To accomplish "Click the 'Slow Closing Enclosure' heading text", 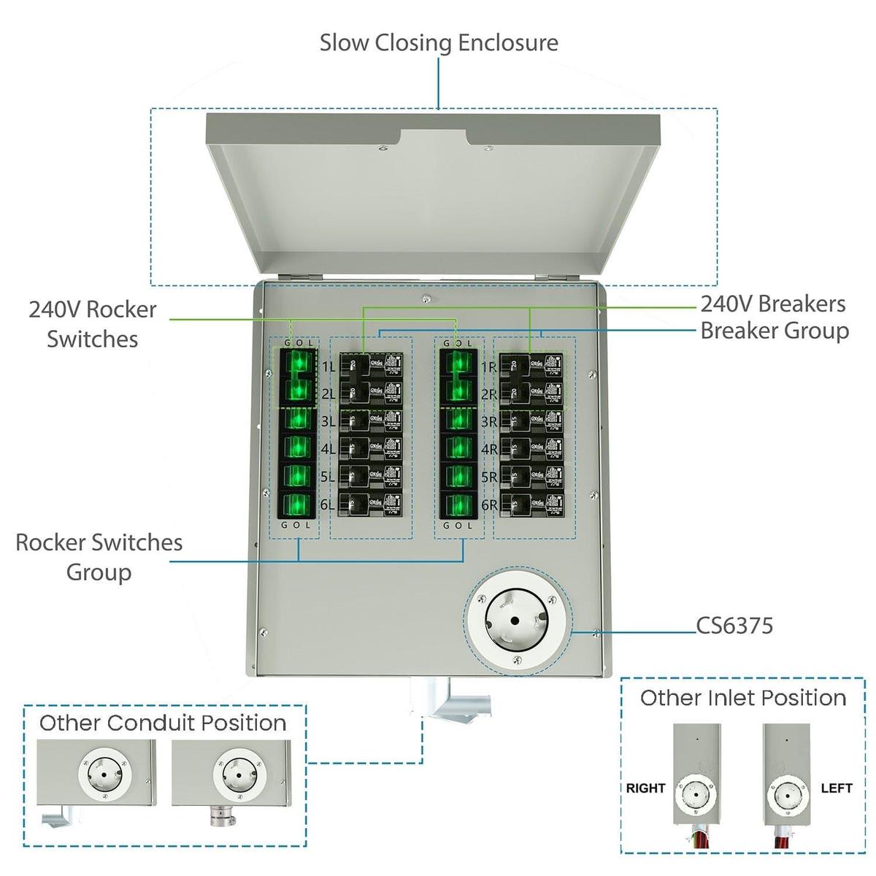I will [439, 42].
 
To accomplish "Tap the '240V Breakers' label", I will [772, 304].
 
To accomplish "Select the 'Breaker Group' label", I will [774, 331].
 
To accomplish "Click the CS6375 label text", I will [734, 626].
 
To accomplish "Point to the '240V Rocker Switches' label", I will [92, 324].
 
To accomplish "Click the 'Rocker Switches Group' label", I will [99, 557].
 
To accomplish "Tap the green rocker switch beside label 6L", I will [297, 505].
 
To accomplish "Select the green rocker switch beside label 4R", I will [458, 448].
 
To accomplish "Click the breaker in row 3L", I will [370, 421].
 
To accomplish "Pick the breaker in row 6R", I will [536, 505].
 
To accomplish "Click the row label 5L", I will [327, 477].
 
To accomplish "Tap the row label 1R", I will [489, 367].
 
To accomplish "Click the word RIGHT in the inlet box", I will [645, 788].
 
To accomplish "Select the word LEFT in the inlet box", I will [836, 788].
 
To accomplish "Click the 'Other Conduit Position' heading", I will [163, 723].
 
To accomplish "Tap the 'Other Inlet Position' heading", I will [742, 698].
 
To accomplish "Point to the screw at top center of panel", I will [426, 298].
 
